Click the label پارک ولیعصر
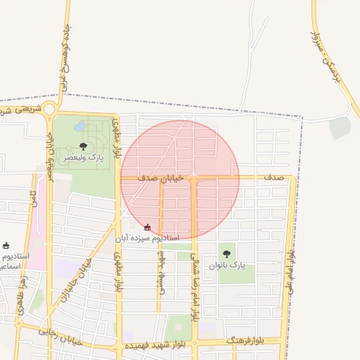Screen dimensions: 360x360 (x=84, y=158)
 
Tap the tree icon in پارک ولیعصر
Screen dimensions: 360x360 (x=84, y=147)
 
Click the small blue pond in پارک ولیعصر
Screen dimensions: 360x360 (x=79, y=127)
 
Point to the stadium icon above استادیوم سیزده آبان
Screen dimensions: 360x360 (x=147, y=227)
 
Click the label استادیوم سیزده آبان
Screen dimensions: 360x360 (x=148, y=238)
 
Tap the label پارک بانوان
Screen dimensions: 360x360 (x=227, y=266)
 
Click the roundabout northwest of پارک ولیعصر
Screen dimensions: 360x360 (x=49, y=110)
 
